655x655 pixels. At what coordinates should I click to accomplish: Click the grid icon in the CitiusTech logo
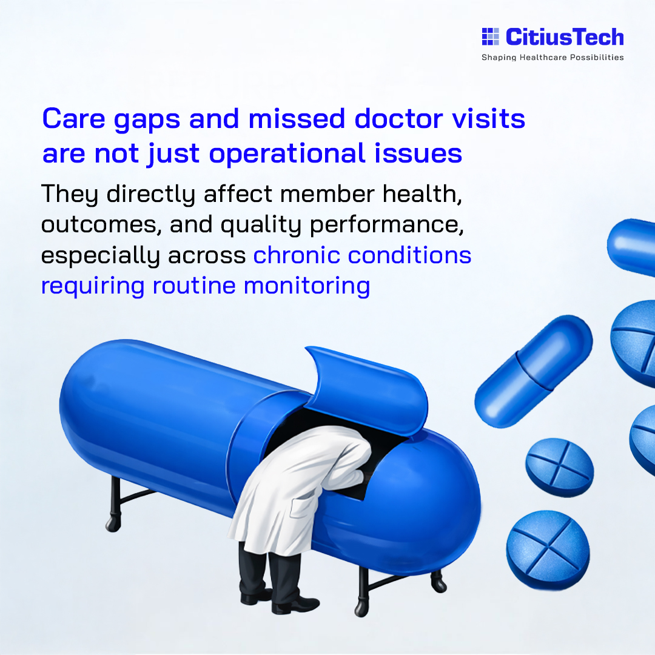490,37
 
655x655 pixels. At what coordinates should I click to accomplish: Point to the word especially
101,256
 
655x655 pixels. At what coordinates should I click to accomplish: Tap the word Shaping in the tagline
499,58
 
